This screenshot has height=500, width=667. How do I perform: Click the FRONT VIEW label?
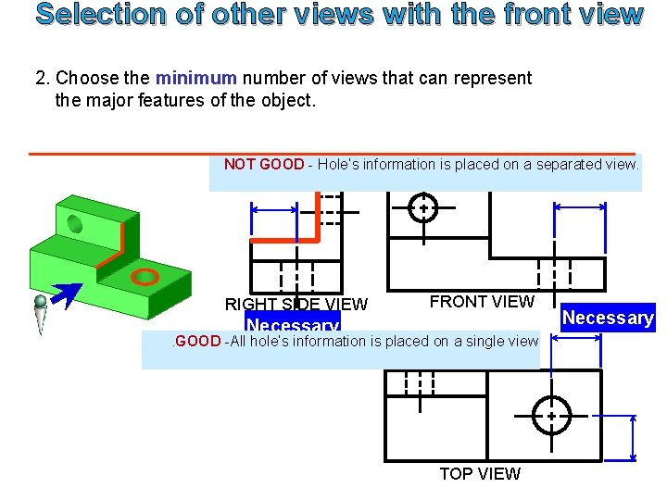coord(482,302)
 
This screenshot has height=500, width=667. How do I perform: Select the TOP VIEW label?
coord(480,474)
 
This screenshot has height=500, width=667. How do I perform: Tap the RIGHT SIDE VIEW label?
coord(296,305)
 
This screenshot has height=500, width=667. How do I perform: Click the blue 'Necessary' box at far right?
coord(608,318)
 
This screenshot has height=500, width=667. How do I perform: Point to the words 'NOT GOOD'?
coord(264,165)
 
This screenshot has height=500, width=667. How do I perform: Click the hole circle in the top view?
coord(550,416)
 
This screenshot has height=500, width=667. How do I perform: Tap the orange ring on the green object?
coord(145,276)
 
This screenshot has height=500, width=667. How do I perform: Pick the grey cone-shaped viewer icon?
coord(41,315)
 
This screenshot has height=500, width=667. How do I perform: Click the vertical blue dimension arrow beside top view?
coord(634,437)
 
